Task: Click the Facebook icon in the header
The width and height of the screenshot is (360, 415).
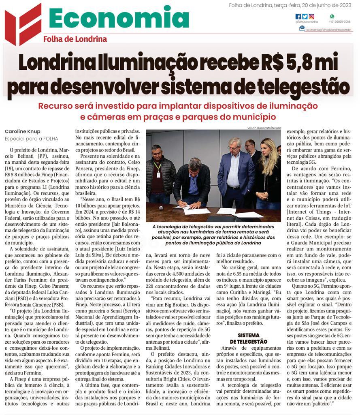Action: [x=298, y=17]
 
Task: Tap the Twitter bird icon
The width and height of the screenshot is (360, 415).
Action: [x=305, y=17]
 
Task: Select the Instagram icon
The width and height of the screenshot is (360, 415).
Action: [x=311, y=17]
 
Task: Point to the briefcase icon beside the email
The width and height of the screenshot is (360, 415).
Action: [x=302, y=28]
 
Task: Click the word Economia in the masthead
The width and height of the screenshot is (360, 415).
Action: [x=119, y=19]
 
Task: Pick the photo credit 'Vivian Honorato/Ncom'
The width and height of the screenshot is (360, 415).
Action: [x=264, y=128]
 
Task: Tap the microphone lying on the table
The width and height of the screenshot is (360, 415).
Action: [x=161, y=208]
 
